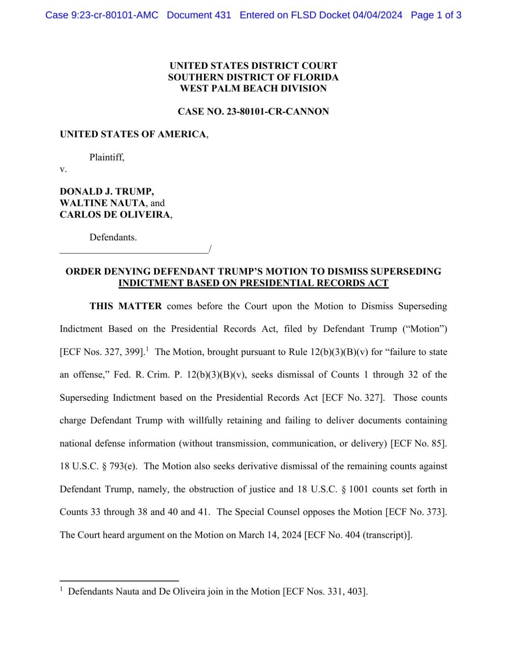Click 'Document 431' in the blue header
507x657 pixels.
click(x=199, y=15)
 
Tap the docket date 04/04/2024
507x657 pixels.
click(x=377, y=15)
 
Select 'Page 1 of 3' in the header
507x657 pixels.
click(x=436, y=15)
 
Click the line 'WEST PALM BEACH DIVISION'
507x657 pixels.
click(x=253, y=89)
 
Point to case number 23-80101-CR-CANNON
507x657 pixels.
click(x=278, y=112)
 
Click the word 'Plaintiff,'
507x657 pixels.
click(x=107, y=157)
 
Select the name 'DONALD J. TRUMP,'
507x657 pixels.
click(x=107, y=191)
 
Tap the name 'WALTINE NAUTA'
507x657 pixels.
click(x=102, y=203)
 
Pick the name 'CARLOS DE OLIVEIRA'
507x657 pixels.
click(x=115, y=215)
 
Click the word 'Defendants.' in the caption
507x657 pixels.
click(x=113, y=237)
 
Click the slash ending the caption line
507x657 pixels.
click(x=210, y=249)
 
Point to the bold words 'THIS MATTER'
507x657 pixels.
click(x=125, y=306)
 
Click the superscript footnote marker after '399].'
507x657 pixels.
click(x=147, y=349)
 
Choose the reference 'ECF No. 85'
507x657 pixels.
click(x=418, y=444)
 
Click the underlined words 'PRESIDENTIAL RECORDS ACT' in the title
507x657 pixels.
click(x=314, y=283)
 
